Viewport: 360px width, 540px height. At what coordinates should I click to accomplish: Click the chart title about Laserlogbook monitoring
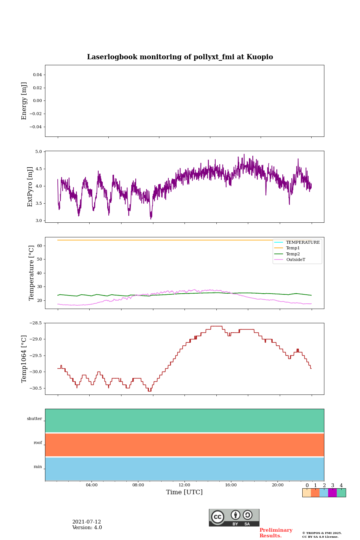[180, 57]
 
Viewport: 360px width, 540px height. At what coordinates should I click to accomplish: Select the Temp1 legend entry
[293, 248]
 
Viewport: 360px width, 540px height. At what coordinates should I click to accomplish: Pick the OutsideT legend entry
[295, 260]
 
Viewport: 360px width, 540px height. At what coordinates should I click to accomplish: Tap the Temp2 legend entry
[293, 254]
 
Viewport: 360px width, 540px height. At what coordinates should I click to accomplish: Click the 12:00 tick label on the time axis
[184, 485]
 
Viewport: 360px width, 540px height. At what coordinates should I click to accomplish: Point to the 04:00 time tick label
[91, 485]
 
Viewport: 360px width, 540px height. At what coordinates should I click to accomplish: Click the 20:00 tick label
[277, 485]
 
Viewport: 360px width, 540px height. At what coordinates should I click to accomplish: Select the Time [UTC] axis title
[184, 492]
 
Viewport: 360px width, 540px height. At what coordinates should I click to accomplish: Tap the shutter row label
[34, 419]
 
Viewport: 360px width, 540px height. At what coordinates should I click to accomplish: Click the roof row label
[38, 443]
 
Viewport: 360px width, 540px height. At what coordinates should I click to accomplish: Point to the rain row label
[38, 467]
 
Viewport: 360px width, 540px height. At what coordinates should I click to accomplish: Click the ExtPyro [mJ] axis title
[30, 187]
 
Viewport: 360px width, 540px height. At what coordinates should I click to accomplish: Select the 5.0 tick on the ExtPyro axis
[39, 152]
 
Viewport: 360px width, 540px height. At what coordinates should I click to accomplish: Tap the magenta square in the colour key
[332, 493]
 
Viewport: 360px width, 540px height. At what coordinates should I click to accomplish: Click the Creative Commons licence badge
[234, 517]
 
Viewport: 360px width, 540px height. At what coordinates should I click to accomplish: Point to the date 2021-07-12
[87, 522]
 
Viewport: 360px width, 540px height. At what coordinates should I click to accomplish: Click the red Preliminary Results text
[276, 533]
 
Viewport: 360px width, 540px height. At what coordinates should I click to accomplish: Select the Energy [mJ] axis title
[24, 101]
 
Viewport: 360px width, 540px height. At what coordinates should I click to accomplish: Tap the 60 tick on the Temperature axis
[40, 246]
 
